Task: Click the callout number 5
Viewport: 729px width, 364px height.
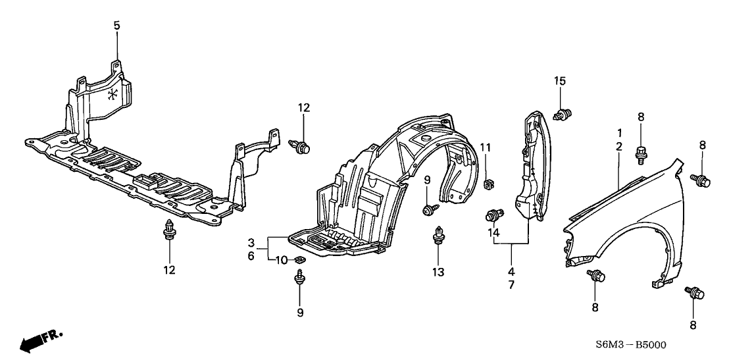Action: coord(116,26)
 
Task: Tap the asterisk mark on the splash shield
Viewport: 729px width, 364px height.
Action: coord(112,95)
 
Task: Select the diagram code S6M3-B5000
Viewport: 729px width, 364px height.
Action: coord(631,345)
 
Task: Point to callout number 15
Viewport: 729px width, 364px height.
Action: coord(560,81)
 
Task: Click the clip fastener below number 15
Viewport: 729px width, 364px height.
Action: coord(563,113)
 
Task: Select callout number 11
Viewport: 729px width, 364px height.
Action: coord(486,148)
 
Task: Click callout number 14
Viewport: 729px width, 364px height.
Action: coord(493,232)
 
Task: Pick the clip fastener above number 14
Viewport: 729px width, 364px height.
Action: coord(493,216)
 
